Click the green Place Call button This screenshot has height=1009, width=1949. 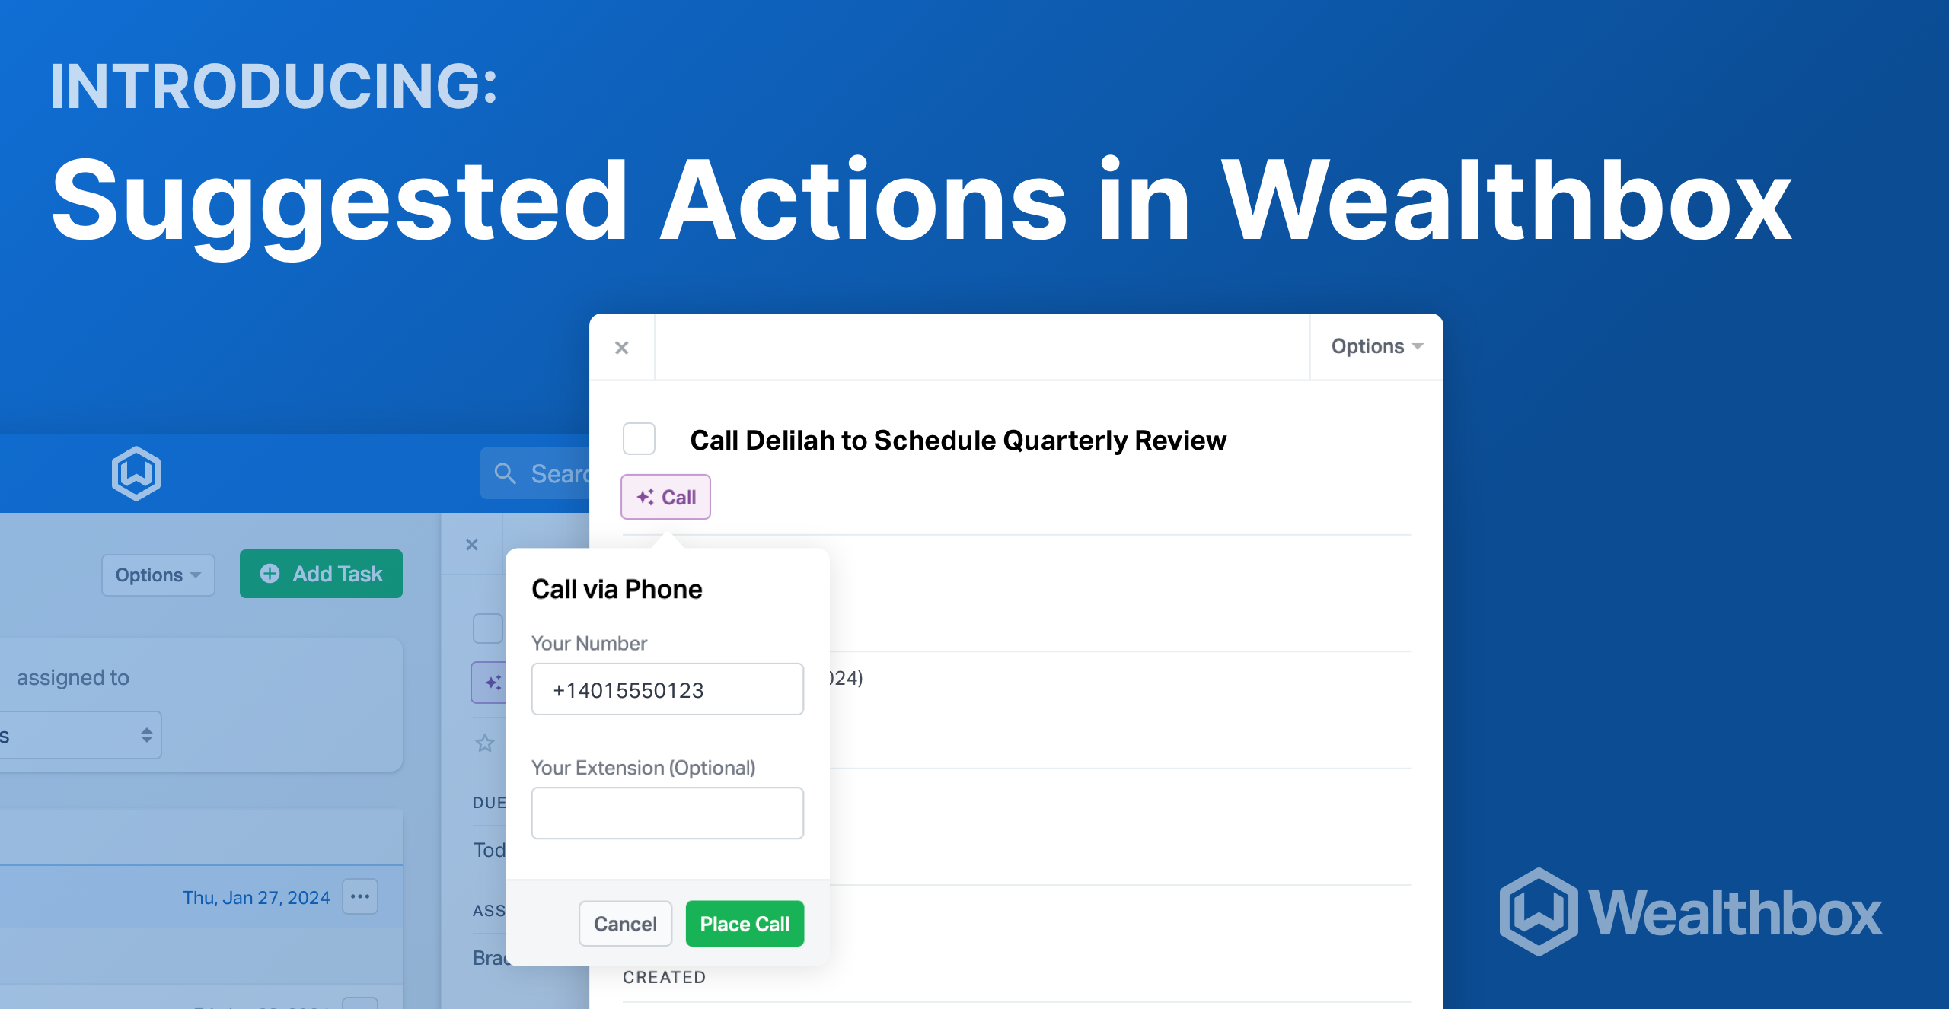744,924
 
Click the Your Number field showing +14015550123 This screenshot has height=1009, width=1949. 667,689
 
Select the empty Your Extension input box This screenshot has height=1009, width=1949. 667,813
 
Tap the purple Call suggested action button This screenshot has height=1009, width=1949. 665,497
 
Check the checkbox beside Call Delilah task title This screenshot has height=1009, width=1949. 639,439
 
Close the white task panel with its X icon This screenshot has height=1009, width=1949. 622,348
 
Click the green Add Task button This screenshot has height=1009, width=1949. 321,574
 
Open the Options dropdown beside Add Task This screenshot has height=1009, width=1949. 158,575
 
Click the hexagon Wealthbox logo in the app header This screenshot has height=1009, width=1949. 136,473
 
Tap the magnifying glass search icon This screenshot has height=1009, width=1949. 505,473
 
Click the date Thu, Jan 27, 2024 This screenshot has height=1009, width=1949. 256,898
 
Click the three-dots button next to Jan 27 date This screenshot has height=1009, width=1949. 360,896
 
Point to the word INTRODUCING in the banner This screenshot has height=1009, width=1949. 273,86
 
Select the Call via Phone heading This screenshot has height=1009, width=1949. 617,589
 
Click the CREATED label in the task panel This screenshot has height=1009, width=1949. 664,977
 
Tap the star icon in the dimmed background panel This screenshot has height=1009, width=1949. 485,743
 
